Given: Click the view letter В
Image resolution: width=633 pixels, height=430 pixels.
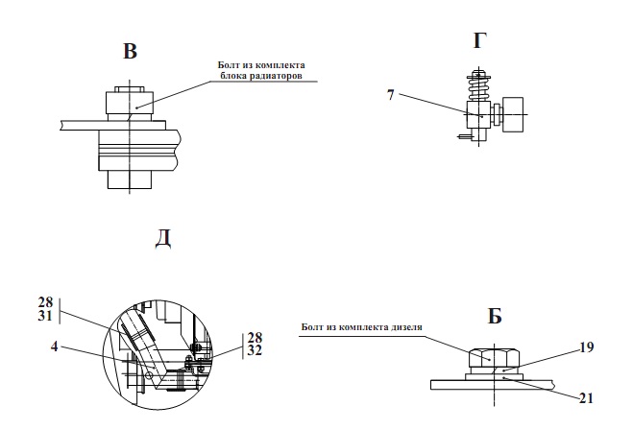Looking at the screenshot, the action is pos(130,51).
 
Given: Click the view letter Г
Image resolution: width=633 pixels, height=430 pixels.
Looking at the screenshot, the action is pos(479,40).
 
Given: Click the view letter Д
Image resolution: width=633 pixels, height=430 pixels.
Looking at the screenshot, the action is pos(163,239).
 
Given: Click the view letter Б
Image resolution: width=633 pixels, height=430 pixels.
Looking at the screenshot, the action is pos(495,316).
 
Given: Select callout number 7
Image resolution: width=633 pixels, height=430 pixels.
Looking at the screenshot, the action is pos(390,95).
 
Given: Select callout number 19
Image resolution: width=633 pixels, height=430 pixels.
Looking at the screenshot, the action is pos(586,346).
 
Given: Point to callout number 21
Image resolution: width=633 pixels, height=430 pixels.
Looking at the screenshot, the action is pos(586,398).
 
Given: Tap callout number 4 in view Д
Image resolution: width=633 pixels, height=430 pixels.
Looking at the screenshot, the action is pos(55,346).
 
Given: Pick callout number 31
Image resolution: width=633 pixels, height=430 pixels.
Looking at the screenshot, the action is pos(45,316).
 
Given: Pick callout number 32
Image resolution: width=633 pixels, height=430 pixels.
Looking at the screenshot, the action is pos(255,350).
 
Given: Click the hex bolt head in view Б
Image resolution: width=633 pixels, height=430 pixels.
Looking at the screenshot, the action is pos(494,357).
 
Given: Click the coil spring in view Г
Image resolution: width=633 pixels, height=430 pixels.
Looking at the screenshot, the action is pos(478,88).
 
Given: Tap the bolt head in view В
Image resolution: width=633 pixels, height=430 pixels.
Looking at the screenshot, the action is pos(130,103).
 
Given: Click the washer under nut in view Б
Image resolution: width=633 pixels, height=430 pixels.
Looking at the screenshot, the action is pos(494,377).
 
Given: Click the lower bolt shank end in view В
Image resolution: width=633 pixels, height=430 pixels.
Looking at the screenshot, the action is pos(130,179).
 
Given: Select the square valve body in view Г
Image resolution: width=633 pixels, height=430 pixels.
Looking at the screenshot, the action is pos(478,115).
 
